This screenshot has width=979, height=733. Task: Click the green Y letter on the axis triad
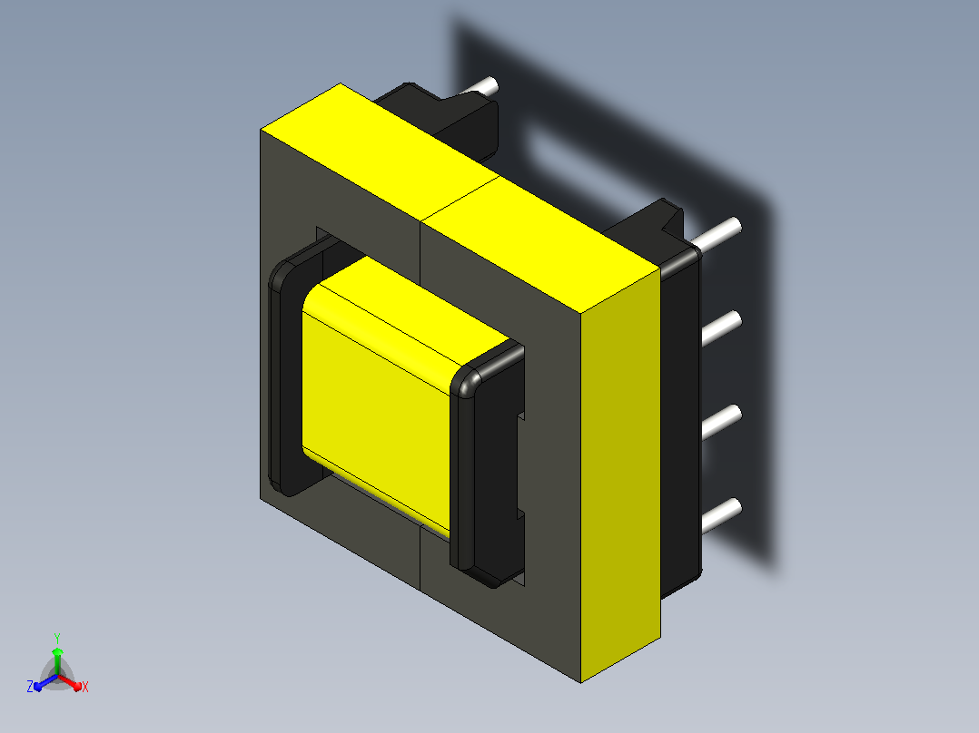57,638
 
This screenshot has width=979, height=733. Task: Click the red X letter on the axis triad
85,687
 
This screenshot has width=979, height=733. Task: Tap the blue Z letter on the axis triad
30,687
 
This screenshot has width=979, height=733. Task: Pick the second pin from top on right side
721,327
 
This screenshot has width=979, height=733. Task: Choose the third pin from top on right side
721,422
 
